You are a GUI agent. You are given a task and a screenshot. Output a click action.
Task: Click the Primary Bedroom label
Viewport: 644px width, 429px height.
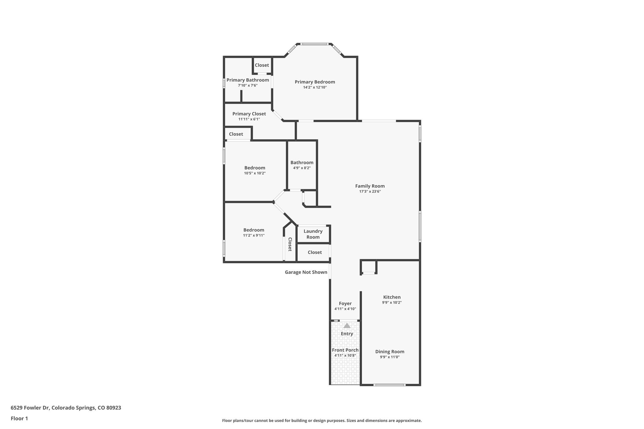coord(315,82)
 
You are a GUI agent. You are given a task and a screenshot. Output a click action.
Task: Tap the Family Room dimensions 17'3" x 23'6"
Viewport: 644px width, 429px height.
coord(370,191)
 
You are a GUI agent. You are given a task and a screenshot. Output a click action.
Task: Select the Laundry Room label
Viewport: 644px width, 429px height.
coord(313,234)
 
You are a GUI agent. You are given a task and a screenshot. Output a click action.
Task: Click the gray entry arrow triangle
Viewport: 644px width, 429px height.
coord(347,326)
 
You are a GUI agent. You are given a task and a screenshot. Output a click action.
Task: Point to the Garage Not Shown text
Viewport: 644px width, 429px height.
coord(306,272)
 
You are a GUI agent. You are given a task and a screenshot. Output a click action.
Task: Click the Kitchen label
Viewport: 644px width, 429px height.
coord(392,297)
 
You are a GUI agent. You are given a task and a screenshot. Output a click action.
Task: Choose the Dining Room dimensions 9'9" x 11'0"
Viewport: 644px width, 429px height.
coord(390,357)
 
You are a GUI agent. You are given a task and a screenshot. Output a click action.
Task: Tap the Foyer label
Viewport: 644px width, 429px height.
coord(345,304)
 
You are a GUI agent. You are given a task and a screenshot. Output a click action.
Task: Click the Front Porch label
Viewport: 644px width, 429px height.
coord(345,350)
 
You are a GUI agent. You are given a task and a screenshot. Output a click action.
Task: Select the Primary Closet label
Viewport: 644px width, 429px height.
coord(249,114)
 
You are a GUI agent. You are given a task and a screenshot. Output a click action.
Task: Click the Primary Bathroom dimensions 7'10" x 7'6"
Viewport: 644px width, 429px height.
coord(247,85)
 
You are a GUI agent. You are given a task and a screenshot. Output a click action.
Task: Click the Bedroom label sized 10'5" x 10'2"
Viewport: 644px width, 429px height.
coord(255,168)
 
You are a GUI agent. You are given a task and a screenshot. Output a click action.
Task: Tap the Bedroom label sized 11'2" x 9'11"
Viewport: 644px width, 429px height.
coord(253,230)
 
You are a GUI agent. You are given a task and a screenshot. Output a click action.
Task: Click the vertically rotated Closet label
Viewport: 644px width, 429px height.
coord(290,244)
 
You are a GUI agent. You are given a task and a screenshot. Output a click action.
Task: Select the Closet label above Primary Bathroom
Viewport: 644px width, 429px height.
coord(262,65)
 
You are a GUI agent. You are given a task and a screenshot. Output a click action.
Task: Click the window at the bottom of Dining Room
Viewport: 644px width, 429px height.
coord(390,385)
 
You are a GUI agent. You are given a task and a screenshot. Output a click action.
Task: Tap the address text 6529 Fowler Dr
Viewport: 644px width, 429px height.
coord(30,408)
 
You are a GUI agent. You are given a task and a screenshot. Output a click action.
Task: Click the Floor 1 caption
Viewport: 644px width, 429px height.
coord(19,418)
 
